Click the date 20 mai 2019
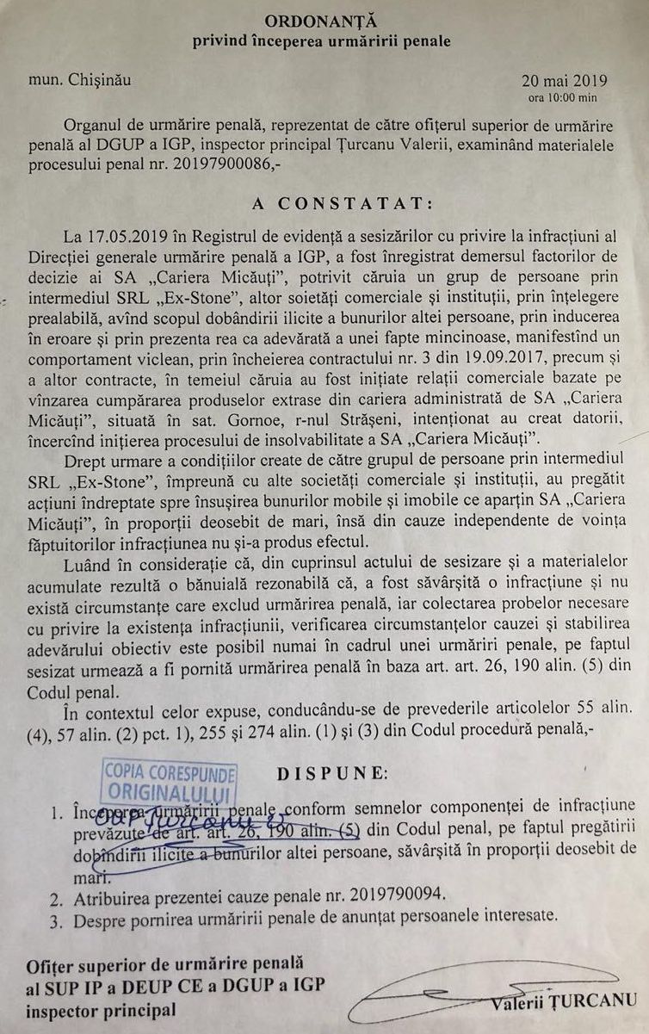click(x=563, y=82)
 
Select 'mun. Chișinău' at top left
click(x=79, y=80)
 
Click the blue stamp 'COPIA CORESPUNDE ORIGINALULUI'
click(x=170, y=781)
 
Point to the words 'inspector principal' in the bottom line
click(x=102, y=1010)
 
